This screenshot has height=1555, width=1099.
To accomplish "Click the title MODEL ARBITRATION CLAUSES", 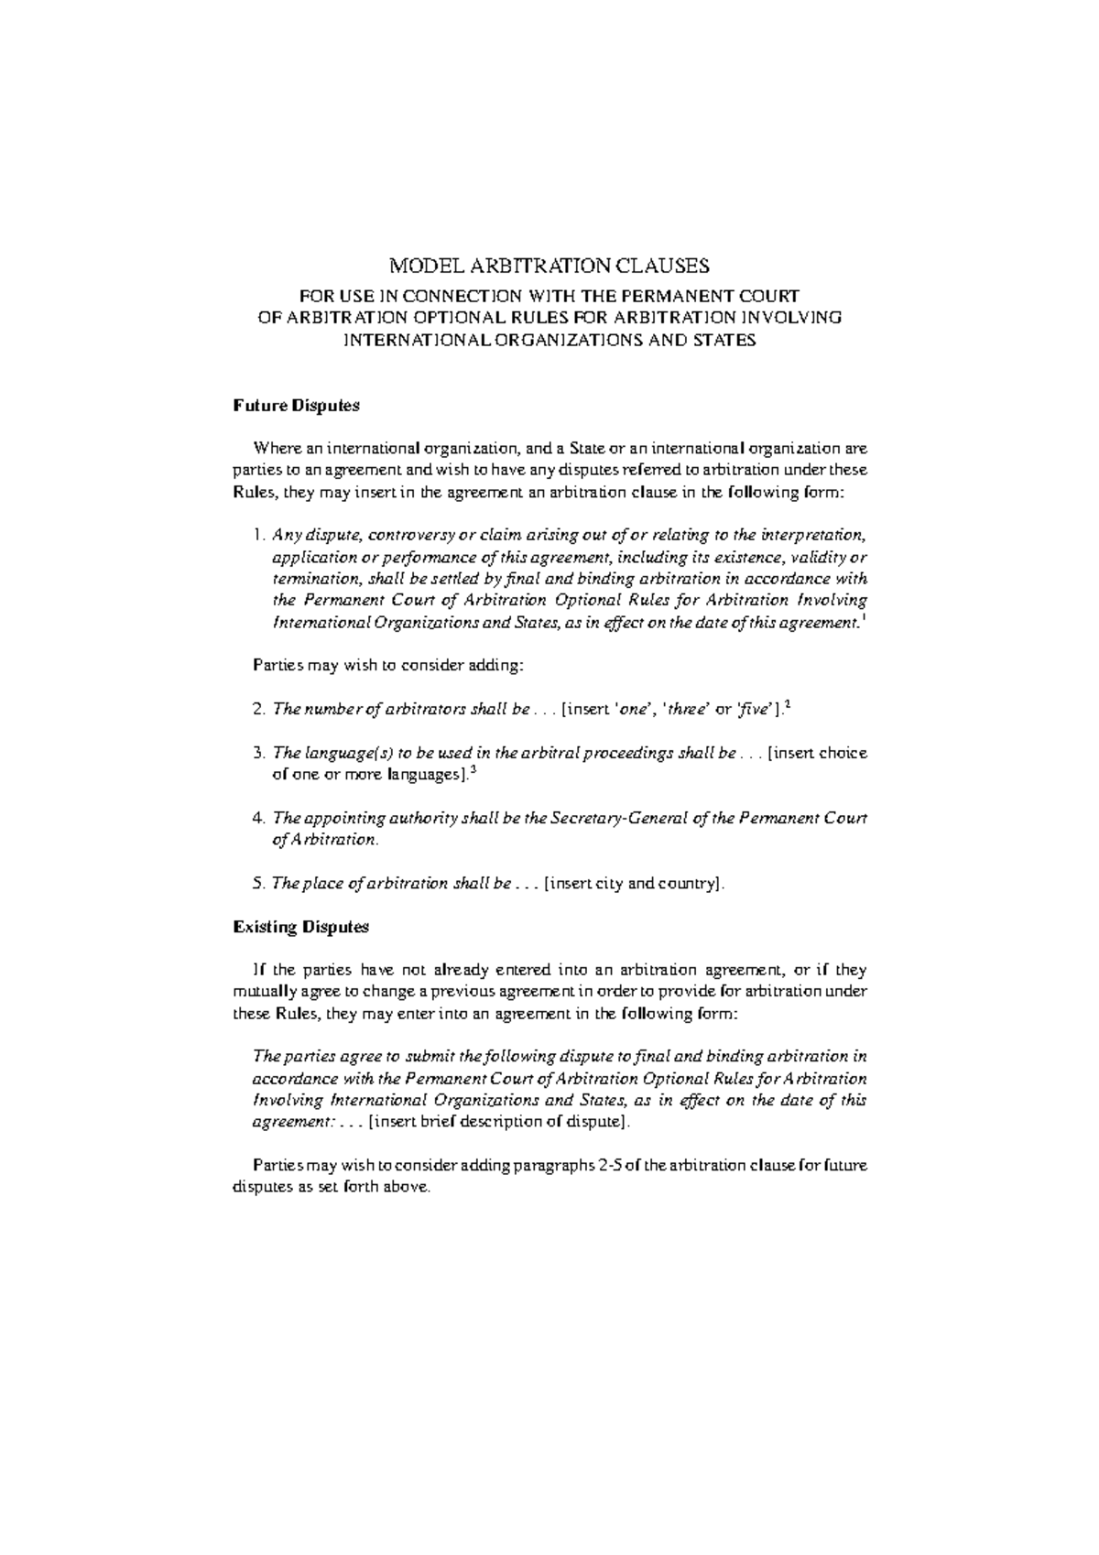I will pyautogui.click(x=549, y=266).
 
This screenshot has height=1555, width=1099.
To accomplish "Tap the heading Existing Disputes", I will pyautogui.click(x=300, y=927).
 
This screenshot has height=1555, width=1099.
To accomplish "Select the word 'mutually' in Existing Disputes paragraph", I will pyautogui.click(x=261, y=992).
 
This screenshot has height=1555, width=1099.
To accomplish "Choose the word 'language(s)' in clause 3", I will pyautogui.click(x=342, y=753).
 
